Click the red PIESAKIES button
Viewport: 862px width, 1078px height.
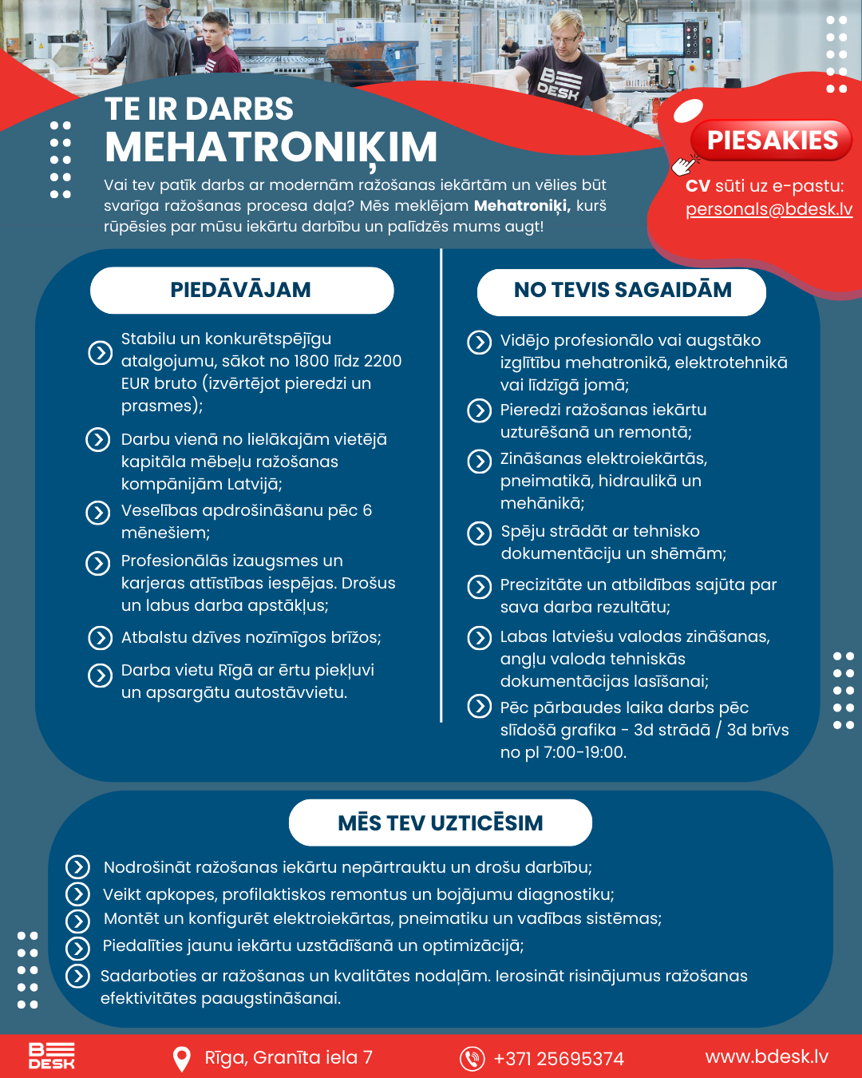[x=772, y=141]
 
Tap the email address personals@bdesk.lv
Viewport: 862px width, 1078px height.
[x=769, y=209]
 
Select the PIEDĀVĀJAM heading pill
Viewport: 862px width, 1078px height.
[x=241, y=290]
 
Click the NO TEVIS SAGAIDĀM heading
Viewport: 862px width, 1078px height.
[x=622, y=290]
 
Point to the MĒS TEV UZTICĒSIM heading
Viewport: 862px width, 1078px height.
[x=440, y=823]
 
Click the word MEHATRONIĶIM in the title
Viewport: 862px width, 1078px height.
[x=271, y=148]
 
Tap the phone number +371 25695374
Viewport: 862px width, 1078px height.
[x=559, y=1059]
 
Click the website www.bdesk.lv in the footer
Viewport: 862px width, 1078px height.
[x=766, y=1057]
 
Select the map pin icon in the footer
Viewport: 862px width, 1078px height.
[x=182, y=1059]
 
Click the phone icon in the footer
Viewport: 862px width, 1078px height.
[x=472, y=1059]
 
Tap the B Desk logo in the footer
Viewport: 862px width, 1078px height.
[x=52, y=1056]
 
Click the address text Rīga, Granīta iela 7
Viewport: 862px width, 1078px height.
[x=288, y=1058]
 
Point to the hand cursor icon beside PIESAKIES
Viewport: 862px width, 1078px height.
[x=684, y=164]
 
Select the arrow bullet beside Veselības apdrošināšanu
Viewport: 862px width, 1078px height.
[x=98, y=513]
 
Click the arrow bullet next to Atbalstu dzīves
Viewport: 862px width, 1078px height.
[x=100, y=638]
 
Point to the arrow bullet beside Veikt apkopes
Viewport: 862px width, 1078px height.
[x=77, y=894]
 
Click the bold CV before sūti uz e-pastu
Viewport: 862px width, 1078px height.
[x=698, y=186]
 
